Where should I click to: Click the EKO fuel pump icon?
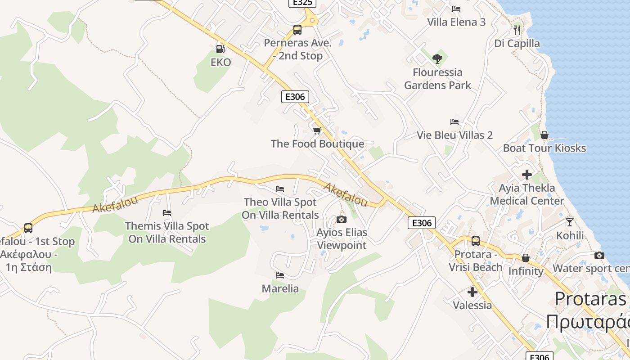pyautogui.click(x=220, y=49)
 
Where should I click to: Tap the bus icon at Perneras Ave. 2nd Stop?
pyautogui.click(x=297, y=30)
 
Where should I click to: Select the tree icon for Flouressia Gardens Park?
pyautogui.click(x=437, y=58)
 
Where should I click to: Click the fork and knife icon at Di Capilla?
pyautogui.click(x=517, y=30)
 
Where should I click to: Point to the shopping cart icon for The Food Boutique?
pyautogui.click(x=317, y=130)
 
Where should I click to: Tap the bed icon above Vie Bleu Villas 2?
pyautogui.click(x=454, y=122)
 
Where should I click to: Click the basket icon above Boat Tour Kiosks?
pyautogui.click(x=544, y=135)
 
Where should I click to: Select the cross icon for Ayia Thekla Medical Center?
pyautogui.click(x=527, y=174)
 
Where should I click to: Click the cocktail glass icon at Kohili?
pyautogui.click(x=570, y=222)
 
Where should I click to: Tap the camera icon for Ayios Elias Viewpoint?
pyautogui.click(x=342, y=219)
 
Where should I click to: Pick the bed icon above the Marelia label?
pyautogui.click(x=280, y=275)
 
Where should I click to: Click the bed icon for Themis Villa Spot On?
pyautogui.click(x=167, y=212)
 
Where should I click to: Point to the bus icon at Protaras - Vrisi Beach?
pyautogui.click(x=476, y=241)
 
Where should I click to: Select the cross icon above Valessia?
pyautogui.click(x=472, y=292)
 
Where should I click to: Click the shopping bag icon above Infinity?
pyautogui.click(x=525, y=258)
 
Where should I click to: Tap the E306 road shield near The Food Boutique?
pyautogui.click(x=295, y=96)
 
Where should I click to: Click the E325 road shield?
pyautogui.click(x=302, y=3)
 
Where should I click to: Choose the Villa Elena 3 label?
pyautogui.click(x=456, y=22)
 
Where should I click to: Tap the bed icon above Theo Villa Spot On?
pyautogui.click(x=280, y=189)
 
